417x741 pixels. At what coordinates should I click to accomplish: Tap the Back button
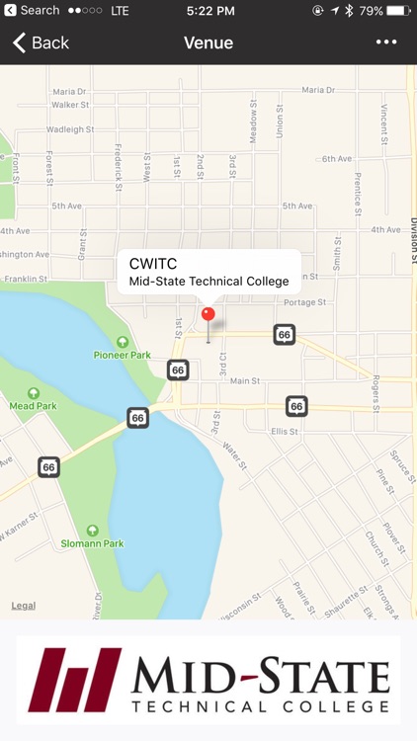pos(41,42)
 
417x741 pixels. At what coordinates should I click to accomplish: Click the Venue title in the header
pos(208,42)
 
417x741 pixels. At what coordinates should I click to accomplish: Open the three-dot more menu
pos(386,42)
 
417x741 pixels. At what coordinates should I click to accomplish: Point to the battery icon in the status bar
pos(398,11)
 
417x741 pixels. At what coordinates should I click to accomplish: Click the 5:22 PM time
pos(209,11)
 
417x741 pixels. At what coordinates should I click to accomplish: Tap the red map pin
pos(208,315)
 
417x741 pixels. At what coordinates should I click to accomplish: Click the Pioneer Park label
pos(123,354)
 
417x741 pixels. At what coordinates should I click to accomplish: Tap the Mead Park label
pos(34,405)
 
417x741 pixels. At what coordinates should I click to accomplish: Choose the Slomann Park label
pos(93,542)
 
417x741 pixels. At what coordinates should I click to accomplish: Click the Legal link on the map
pos(24,606)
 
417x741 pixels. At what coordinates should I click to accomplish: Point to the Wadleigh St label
pos(70,129)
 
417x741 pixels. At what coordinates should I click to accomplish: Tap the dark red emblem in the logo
pos(74,680)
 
